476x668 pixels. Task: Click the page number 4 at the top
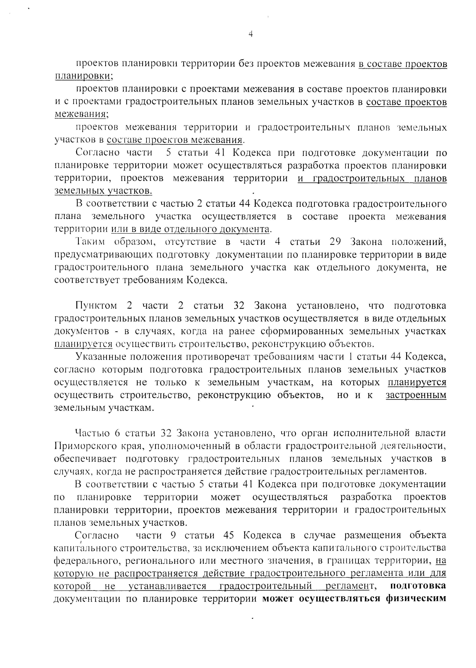(251, 34)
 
